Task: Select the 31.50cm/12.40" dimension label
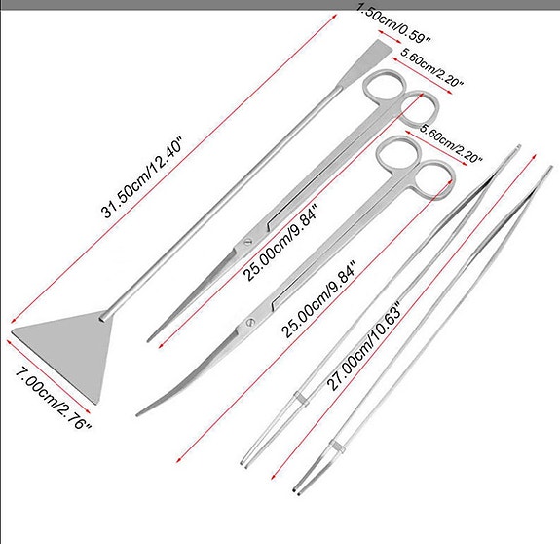point(143,176)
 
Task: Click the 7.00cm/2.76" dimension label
point(54,398)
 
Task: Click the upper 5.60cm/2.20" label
point(431,67)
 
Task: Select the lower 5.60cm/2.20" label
point(451,143)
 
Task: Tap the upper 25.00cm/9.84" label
point(280,243)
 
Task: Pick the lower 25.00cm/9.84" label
point(318,299)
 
